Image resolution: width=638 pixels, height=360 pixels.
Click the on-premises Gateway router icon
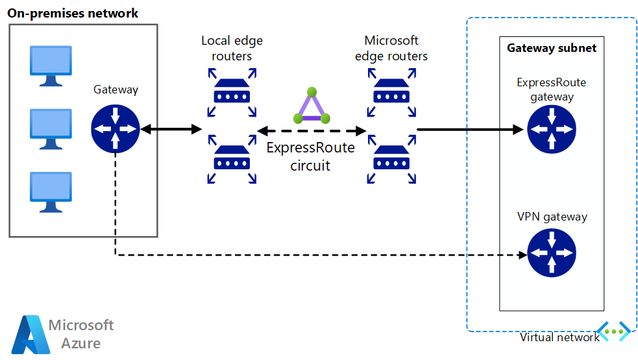tap(116, 129)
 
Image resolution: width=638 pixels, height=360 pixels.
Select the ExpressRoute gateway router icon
tap(551, 129)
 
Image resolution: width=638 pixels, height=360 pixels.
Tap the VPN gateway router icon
tap(551, 254)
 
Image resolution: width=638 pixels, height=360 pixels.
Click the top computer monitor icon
tap(51, 65)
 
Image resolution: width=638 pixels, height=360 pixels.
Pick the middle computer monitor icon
tap(51, 127)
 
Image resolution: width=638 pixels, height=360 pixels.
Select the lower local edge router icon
tap(232, 157)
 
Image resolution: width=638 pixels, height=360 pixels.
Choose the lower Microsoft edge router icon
tap(391, 157)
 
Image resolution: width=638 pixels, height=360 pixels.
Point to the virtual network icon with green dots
tap(613, 331)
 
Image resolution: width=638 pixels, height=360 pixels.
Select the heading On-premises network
tap(73, 13)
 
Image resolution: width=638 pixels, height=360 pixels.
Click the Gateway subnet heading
tap(551, 48)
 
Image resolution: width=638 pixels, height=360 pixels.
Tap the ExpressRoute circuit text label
tap(311, 156)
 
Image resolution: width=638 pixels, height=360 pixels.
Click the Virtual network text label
tap(559, 337)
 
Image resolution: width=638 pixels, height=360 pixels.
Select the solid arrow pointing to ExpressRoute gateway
tap(470, 129)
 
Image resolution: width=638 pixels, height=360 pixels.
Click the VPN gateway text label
tap(552, 217)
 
